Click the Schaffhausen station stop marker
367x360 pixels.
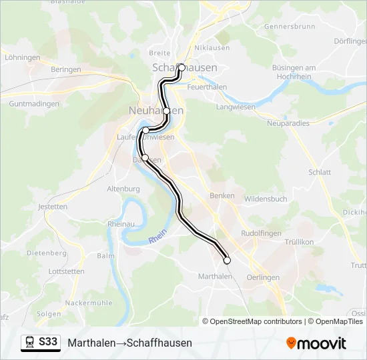pos(181,67)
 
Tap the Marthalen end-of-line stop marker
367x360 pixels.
pos(227,261)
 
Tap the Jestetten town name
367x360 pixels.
pos(53,207)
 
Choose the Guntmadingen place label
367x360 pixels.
pos(34,104)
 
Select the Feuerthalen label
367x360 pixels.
pos(207,87)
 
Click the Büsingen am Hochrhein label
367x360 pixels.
pos(294,73)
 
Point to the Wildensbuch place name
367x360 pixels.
pos(266,199)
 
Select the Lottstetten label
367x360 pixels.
pos(48,271)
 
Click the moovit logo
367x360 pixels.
pos(316,343)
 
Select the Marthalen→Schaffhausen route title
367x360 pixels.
pos(129,343)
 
